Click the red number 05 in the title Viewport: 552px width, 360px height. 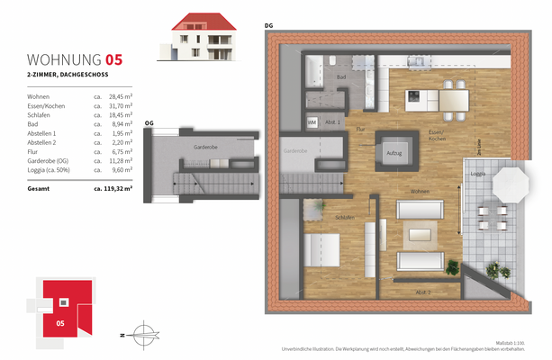point(114,60)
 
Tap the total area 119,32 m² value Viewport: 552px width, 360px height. point(113,189)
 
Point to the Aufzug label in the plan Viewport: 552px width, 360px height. point(394,154)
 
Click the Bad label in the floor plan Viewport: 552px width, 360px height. point(341,77)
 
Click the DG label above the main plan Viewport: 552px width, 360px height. point(268,25)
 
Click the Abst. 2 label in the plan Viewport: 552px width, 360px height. point(422,293)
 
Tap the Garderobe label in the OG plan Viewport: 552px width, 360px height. point(205,147)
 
